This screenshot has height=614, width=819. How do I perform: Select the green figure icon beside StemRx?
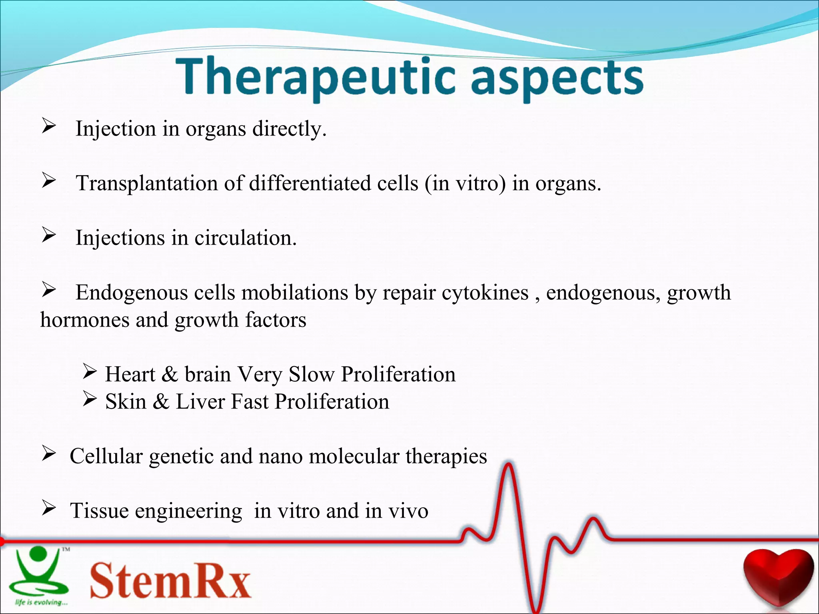[x=38, y=572]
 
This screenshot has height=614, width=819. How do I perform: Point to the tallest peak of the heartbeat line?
[x=508, y=466]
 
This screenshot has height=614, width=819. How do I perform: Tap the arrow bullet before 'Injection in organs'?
[x=49, y=127]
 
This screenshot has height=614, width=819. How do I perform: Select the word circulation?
[x=245, y=238]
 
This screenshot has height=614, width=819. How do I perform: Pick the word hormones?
[x=84, y=320]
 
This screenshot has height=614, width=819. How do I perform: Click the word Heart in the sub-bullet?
[x=130, y=375]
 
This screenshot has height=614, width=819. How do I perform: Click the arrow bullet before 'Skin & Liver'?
[x=90, y=399]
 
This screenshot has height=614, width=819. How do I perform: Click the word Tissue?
[x=100, y=511]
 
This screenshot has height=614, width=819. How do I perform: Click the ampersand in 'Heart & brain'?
[x=170, y=375]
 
